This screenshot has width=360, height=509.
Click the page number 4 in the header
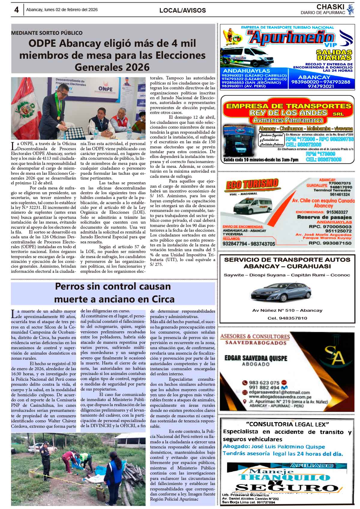coord(16,10)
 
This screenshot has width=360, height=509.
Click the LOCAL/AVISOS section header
coord(182,10)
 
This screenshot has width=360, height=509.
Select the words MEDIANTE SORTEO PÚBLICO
coord(47,33)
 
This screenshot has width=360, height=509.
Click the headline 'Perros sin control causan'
coord(113,286)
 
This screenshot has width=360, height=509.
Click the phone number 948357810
coord(291,318)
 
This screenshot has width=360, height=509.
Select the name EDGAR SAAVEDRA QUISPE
coord(256,358)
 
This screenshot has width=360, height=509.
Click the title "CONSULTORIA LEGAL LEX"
coord(287,424)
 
